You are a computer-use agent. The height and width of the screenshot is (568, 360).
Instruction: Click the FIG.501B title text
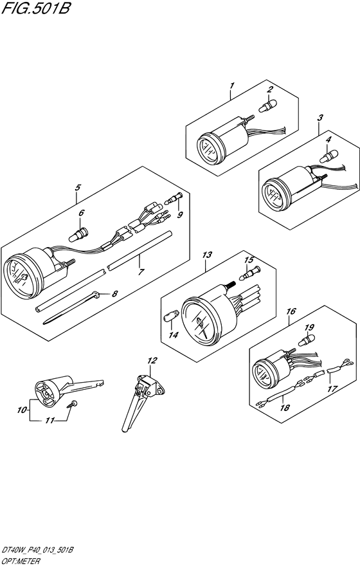[35, 8]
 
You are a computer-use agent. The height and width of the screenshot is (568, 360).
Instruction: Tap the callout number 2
[269, 89]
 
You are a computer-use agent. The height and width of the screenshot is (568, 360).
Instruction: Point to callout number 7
[141, 271]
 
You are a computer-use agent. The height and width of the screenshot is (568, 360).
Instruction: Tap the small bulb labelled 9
[174, 197]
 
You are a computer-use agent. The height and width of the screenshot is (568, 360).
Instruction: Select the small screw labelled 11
[73, 404]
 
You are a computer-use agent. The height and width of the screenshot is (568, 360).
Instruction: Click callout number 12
[152, 360]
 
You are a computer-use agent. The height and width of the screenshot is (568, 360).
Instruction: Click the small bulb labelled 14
[171, 316]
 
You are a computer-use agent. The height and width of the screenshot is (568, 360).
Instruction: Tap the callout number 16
[291, 311]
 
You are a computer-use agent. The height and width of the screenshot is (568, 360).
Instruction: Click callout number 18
[285, 408]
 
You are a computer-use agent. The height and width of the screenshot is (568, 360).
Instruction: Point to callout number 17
[332, 389]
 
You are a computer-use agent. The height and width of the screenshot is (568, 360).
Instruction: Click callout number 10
[22, 410]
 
